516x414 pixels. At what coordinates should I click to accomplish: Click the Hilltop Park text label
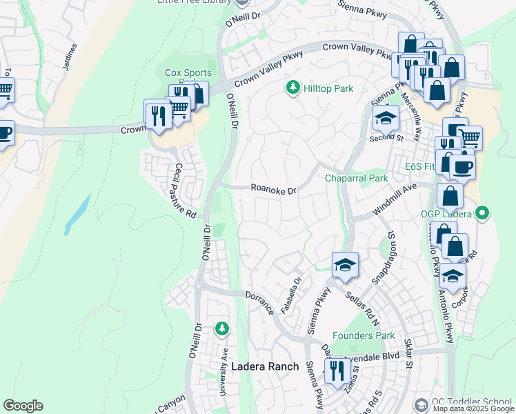click(329, 88)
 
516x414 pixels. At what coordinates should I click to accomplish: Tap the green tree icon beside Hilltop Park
click(293, 88)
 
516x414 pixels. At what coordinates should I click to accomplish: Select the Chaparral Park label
click(357, 178)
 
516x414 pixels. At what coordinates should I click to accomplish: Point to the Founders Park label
click(364, 336)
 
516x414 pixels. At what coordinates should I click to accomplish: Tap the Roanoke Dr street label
click(273, 189)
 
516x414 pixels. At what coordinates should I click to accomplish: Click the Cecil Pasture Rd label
click(185, 190)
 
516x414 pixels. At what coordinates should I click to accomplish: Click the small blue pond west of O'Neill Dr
click(77, 215)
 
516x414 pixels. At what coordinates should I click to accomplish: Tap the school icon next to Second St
click(386, 117)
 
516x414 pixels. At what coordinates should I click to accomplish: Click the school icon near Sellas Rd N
click(344, 264)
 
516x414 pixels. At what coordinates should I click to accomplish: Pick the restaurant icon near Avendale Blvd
click(337, 371)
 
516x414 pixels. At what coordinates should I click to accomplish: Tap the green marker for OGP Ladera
click(483, 214)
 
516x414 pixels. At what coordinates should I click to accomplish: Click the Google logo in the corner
click(23, 406)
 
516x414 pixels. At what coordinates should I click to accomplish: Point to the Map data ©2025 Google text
click(473, 408)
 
